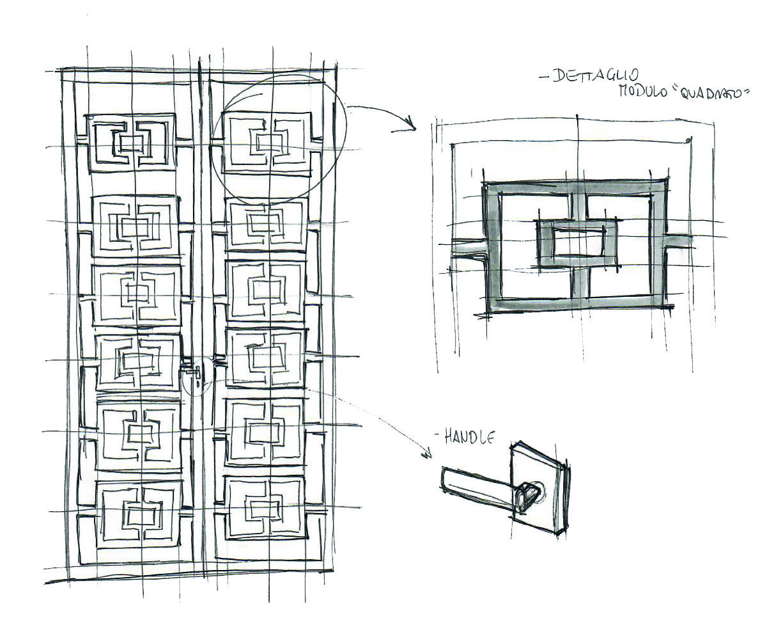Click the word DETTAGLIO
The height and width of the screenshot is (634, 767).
pos(591,76)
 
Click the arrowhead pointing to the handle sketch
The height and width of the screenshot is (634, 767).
pos(427,455)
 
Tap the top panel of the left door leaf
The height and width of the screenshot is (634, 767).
pos(131,144)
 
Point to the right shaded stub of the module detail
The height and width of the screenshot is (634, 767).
pos(679,241)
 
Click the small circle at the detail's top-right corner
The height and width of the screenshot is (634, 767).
pos(687,140)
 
